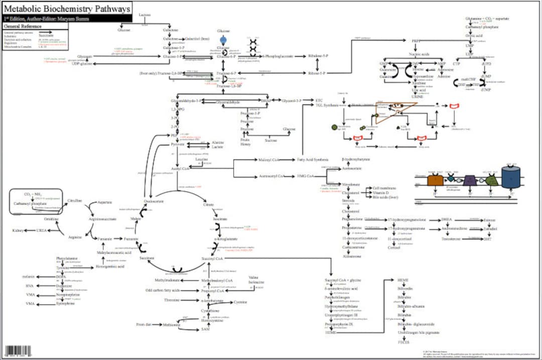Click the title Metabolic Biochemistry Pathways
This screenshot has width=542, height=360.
[x=67, y=9]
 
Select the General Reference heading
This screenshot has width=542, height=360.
[x=24, y=26]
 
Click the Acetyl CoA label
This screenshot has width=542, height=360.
[x=179, y=169]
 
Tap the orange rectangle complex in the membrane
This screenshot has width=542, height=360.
[x=434, y=180]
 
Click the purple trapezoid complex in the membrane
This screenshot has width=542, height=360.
[x=470, y=180]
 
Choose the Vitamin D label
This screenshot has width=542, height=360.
[x=380, y=193]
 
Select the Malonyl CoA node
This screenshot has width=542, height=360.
[x=268, y=160]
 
